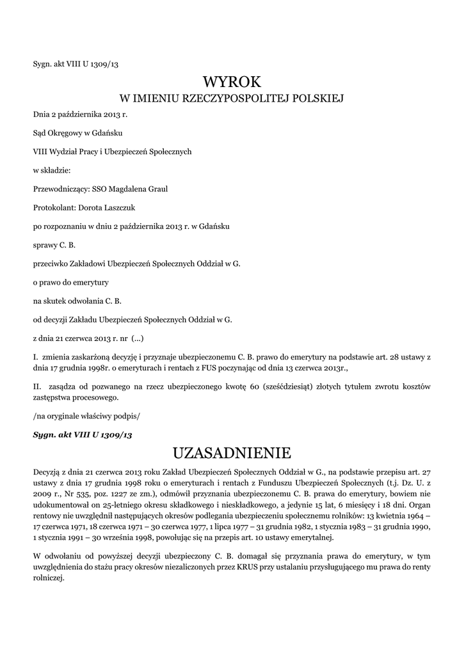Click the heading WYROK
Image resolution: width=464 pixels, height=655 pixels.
coord(232,82)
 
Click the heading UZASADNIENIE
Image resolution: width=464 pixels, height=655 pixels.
coord(232,454)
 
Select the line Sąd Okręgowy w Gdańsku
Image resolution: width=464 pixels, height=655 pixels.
coord(77,133)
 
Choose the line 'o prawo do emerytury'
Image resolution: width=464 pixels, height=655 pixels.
coord(71,281)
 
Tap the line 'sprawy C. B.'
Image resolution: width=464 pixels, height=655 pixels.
coord(54,244)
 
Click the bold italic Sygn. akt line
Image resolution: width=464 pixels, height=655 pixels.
coord(82,434)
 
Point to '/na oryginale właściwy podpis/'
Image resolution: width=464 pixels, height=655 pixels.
coord(86,416)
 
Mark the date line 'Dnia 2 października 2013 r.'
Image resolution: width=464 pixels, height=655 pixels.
coord(80,114)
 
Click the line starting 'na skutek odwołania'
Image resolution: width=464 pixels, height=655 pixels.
coord(77,300)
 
